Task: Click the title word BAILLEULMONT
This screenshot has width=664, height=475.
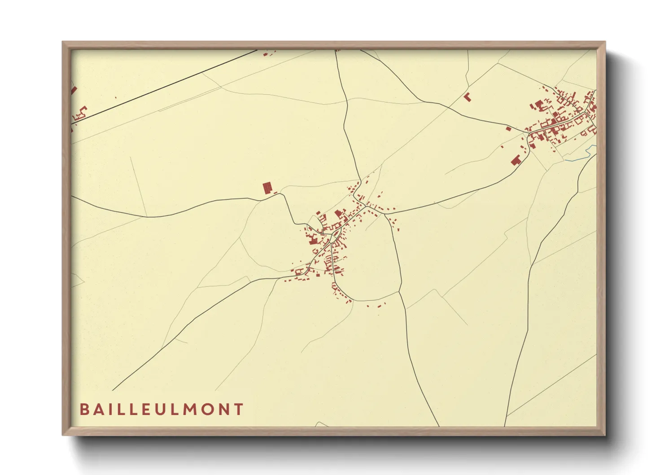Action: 162,409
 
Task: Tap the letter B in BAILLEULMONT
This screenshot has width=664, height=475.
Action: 84,409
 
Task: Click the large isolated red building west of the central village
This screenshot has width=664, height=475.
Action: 267,188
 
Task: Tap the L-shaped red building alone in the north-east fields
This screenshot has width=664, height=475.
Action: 467,97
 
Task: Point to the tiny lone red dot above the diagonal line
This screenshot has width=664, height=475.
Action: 116,97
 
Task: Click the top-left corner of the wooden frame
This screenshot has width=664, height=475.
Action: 63,42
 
